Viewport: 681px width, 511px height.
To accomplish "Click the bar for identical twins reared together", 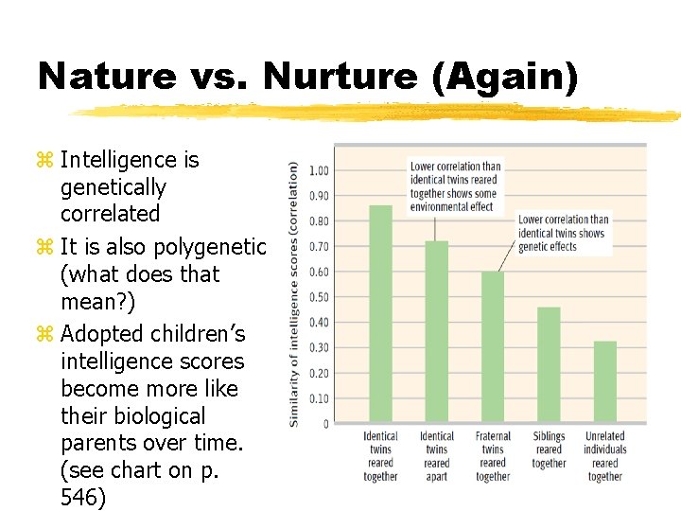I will click(x=380, y=313).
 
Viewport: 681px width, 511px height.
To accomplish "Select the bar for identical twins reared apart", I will click(x=436, y=331).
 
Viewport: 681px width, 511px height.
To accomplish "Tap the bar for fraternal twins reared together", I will click(x=493, y=346).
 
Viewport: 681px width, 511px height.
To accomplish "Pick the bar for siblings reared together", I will click(x=549, y=364).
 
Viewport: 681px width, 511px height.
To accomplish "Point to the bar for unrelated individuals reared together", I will click(x=605, y=381).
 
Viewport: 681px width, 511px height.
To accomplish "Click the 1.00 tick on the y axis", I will click(x=319, y=171).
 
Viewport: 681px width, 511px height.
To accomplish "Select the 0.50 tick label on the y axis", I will click(x=319, y=297).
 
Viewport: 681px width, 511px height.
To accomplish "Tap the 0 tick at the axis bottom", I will click(x=324, y=424).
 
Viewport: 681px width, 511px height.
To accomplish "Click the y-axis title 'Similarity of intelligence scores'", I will click(x=294, y=293).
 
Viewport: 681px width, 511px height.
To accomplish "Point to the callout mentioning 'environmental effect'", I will click(x=453, y=186).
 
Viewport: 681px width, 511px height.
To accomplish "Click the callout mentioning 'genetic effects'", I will click(x=562, y=233).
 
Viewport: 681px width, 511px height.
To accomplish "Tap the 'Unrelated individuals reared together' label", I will click(x=605, y=457).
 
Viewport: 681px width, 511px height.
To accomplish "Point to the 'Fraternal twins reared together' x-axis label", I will click(x=493, y=457).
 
